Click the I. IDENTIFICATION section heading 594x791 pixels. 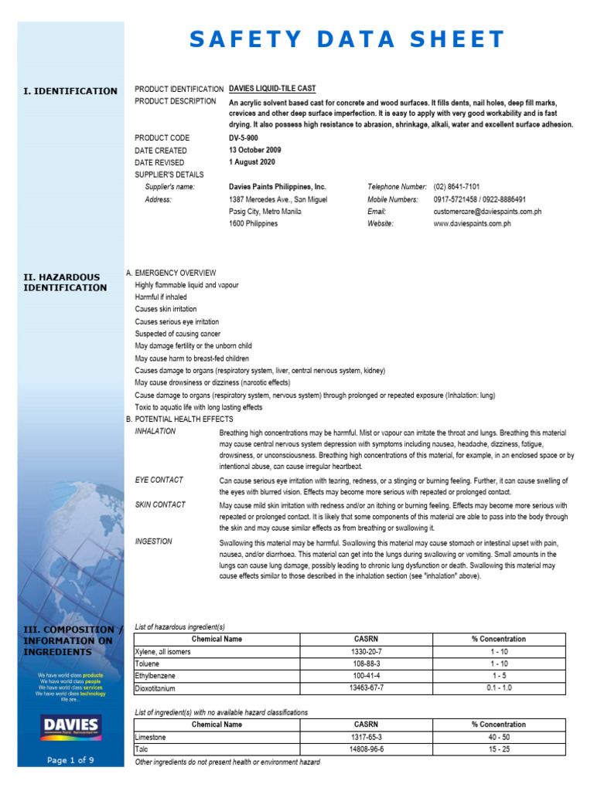70,91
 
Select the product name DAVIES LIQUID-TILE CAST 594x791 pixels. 272,90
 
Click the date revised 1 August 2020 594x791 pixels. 251,162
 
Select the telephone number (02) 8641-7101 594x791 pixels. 456,187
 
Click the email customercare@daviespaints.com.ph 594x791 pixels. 487,212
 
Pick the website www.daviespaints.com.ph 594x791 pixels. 472,224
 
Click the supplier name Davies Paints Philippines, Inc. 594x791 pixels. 278,187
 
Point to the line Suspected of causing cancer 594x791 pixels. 178,334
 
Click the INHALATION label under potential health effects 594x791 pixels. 155,432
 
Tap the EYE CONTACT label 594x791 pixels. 159,480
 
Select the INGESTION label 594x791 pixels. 154,542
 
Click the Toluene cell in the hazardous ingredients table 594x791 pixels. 148,663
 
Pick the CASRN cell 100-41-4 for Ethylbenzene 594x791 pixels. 366,675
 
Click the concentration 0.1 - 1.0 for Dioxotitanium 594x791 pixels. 498,687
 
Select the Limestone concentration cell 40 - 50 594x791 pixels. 498,738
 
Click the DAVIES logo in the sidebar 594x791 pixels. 70,726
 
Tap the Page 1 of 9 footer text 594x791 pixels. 70,760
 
